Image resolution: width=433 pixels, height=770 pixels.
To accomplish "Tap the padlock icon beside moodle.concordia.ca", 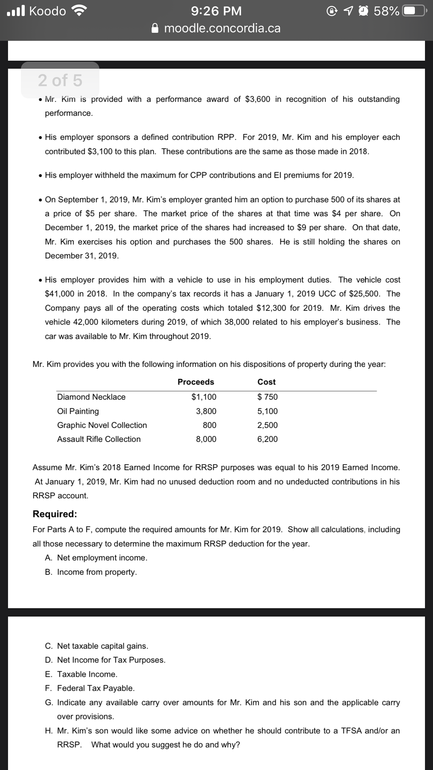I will click(156, 28).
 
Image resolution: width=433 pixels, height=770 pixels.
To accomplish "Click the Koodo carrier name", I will click(47, 11).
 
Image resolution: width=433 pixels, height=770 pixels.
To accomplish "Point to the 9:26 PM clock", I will click(216, 11).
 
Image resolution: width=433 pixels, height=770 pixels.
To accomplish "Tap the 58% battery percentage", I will click(386, 11).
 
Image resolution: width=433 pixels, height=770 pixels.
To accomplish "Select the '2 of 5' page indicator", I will click(60, 80).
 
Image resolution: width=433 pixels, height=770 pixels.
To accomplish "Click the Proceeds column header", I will click(196, 382).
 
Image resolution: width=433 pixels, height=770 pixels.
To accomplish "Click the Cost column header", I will click(266, 382).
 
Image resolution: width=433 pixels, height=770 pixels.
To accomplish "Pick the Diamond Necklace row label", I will click(91, 397).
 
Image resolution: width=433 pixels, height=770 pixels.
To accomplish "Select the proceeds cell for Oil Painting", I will click(206, 411).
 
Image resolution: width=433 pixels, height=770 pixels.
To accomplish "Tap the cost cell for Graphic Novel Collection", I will click(267, 425).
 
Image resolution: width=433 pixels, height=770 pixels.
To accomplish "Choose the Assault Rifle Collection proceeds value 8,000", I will click(206, 439).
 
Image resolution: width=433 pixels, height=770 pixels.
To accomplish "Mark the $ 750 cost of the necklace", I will click(267, 397).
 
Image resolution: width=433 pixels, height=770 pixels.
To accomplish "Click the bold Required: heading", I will click(55, 514).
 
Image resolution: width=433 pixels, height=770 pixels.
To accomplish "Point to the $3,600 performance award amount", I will click(258, 99).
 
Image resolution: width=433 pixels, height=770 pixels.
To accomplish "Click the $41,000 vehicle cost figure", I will click(59, 294).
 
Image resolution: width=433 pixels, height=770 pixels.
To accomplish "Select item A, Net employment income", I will click(96, 558).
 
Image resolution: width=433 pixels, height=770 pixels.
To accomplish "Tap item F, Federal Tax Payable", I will click(90, 688).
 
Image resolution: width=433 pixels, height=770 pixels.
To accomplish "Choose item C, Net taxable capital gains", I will click(97, 646).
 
